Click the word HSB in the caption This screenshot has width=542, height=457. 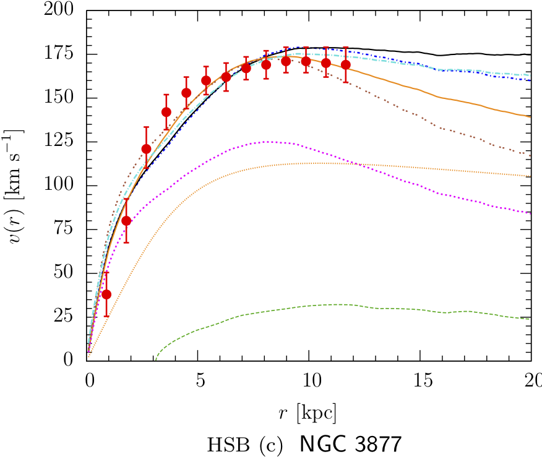click(x=226, y=444)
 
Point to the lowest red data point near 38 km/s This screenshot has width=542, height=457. click(x=106, y=294)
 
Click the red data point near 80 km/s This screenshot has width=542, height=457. click(x=126, y=221)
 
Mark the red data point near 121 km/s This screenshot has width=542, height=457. click(x=146, y=149)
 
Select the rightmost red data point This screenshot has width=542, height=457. click(x=346, y=64)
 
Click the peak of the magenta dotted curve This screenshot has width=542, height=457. click(x=267, y=142)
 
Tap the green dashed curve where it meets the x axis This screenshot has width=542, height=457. click(x=155, y=359)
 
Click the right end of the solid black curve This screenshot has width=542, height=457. click(x=530, y=55)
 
